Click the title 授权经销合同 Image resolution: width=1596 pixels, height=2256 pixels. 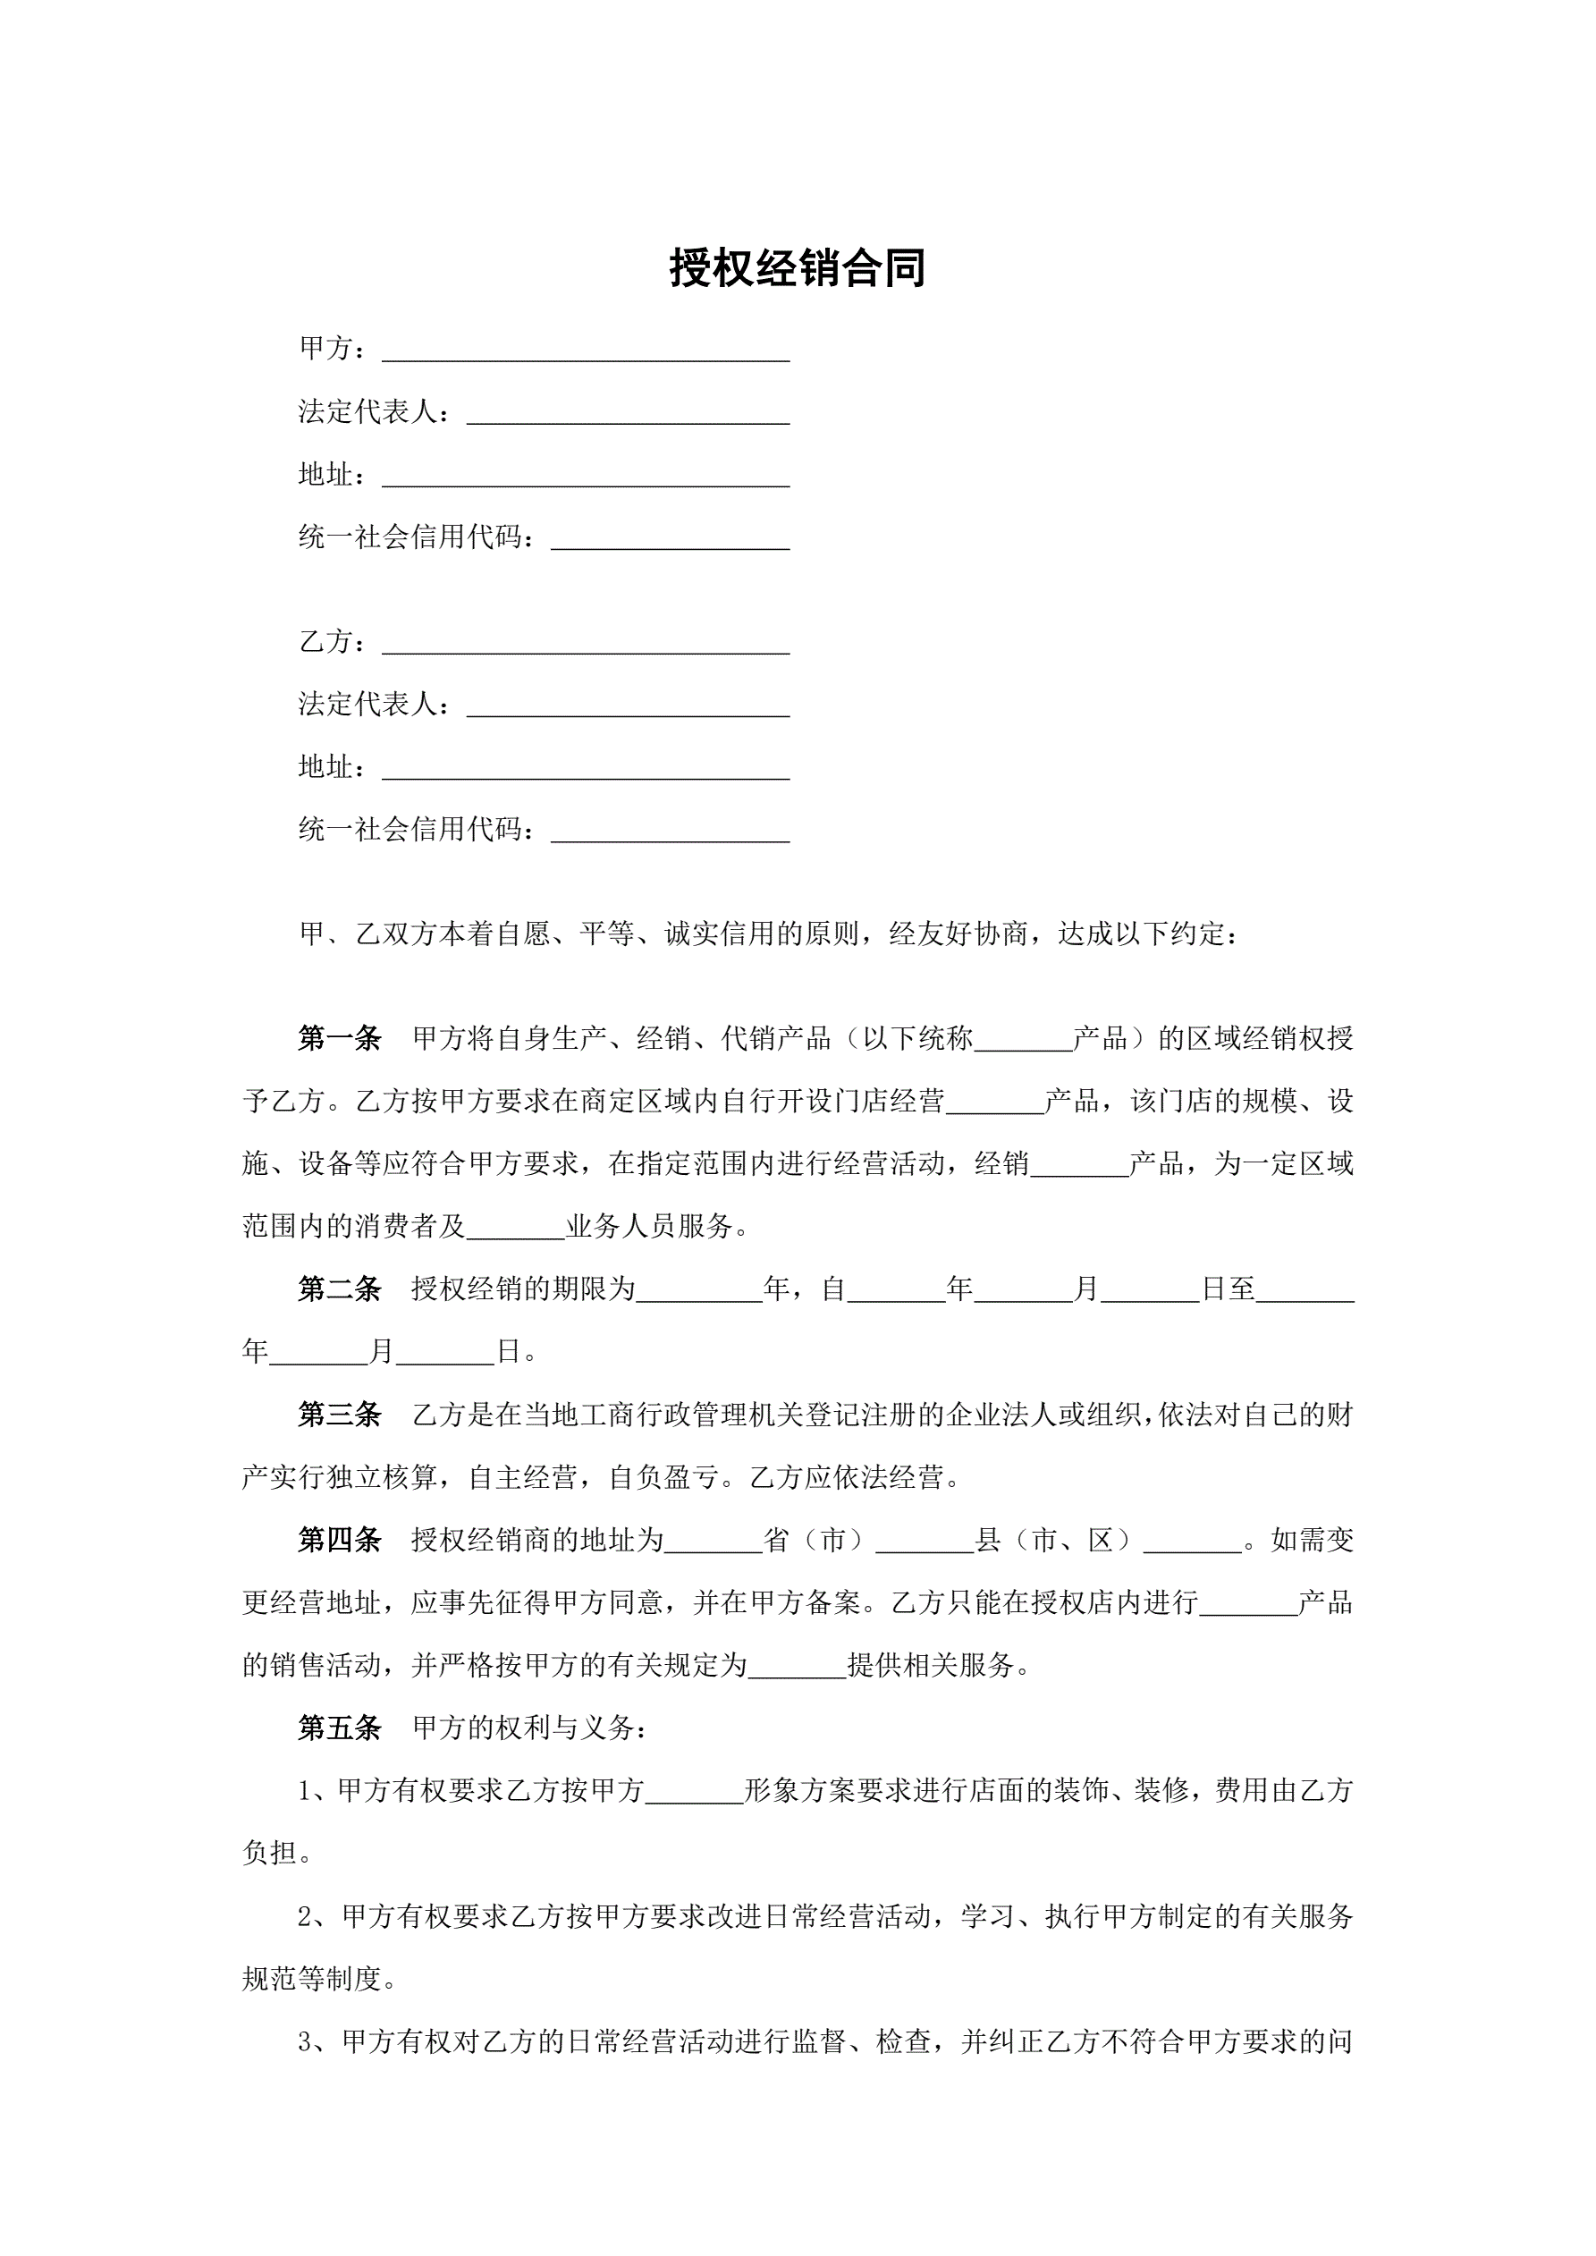[x=797, y=267]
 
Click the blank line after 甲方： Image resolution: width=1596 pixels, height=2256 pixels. [x=586, y=351]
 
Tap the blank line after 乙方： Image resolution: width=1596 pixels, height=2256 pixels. [x=586, y=645]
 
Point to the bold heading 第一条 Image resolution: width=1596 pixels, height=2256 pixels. [x=339, y=1039]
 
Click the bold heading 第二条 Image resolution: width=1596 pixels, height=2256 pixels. [x=339, y=1289]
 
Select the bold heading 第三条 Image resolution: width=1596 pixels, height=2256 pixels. [x=339, y=1415]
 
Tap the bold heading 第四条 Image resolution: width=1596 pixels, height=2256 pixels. [x=339, y=1540]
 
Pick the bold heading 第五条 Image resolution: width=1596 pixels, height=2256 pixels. [x=339, y=1728]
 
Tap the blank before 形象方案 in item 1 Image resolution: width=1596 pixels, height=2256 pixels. [x=694, y=1796]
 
